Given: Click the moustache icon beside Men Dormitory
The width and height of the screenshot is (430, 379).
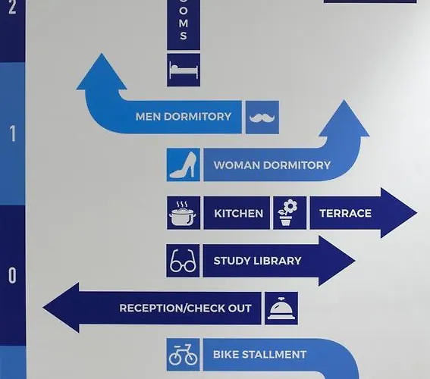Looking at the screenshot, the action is [262, 117].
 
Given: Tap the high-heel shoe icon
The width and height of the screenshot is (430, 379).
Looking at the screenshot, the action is [184, 164].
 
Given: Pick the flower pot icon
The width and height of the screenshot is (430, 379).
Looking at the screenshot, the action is [287, 213].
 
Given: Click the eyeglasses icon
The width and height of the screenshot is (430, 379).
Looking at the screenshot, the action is [183, 261].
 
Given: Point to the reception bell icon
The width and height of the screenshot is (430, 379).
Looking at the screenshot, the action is [281, 309].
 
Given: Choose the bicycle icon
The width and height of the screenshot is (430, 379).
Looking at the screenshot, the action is [183, 354].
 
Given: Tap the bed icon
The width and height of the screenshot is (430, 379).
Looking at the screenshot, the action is [184, 70].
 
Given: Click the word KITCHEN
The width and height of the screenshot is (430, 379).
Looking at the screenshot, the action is [239, 213].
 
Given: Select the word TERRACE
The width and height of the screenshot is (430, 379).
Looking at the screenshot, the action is [346, 213].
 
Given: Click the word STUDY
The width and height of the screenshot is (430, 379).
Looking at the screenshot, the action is [231, 261].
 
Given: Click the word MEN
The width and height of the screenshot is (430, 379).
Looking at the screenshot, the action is [149, 117].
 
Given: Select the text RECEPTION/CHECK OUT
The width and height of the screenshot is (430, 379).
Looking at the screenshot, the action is [185, 308].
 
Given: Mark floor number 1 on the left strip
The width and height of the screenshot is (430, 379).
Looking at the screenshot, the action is [12, 133].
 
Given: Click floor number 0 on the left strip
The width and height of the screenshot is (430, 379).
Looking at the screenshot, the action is [12, 275].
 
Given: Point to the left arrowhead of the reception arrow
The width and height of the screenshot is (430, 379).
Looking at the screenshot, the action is [61, 308].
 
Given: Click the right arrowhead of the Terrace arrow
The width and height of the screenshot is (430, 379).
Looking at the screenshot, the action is [399, 213].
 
